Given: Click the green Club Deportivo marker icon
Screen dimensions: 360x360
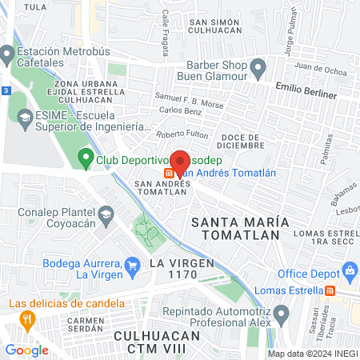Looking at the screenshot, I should coord(86,158).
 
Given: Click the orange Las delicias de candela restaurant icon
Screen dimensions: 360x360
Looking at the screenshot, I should coord(28,320).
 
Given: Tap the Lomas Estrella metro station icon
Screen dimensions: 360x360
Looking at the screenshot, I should coord(329,290).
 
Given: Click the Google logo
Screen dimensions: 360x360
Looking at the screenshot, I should coord(27,350).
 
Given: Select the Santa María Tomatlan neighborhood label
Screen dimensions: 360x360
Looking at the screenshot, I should coord(236,226).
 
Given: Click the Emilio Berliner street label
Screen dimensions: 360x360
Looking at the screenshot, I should coord(309,85).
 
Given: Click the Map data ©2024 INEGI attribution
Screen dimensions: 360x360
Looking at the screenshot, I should coord(312,354).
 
